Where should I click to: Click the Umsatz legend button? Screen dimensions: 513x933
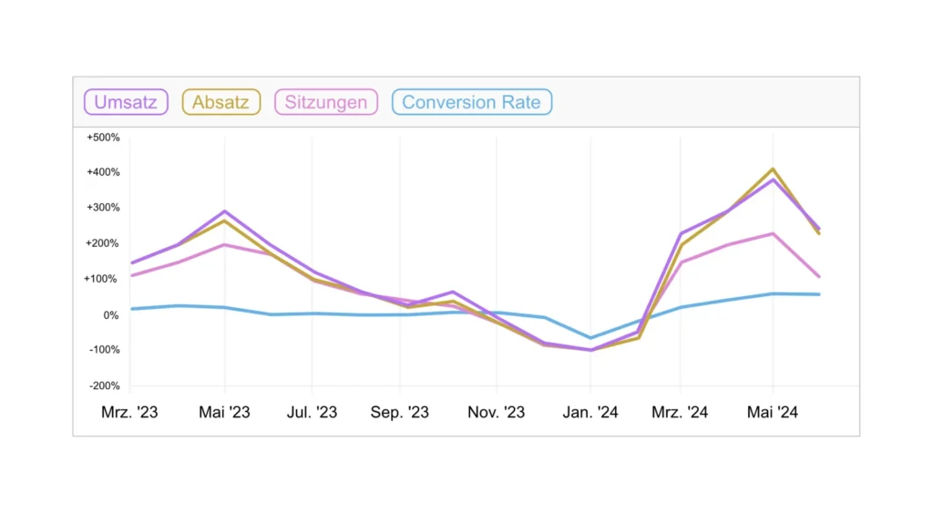(127, 102)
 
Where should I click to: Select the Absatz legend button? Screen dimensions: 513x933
(221, 102)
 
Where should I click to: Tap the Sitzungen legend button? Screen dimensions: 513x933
(326, 102)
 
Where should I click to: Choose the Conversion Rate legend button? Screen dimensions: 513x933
(472, 102)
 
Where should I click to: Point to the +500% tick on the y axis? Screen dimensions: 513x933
(103, 138)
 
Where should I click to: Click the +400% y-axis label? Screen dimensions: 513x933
(103, 172)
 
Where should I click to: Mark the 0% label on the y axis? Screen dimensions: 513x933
(110, 315)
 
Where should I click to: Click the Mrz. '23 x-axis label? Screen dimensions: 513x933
(129, 413)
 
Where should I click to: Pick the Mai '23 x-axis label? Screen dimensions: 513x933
(224, 413)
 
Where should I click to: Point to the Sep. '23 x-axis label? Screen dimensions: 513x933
(400, 413)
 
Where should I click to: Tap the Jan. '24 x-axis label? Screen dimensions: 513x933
(590, 413)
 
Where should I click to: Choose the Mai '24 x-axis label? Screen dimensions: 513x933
(773, 413)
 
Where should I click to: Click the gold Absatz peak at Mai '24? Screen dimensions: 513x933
(773, 169)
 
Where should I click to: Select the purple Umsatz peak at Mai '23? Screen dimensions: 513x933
(224, 211)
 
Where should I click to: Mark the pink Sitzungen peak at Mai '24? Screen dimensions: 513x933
(773, 233)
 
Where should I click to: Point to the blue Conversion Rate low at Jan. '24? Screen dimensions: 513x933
(590, 338)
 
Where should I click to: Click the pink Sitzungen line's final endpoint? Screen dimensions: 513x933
(819, 276)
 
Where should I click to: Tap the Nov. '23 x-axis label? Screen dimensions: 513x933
(497, 413)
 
